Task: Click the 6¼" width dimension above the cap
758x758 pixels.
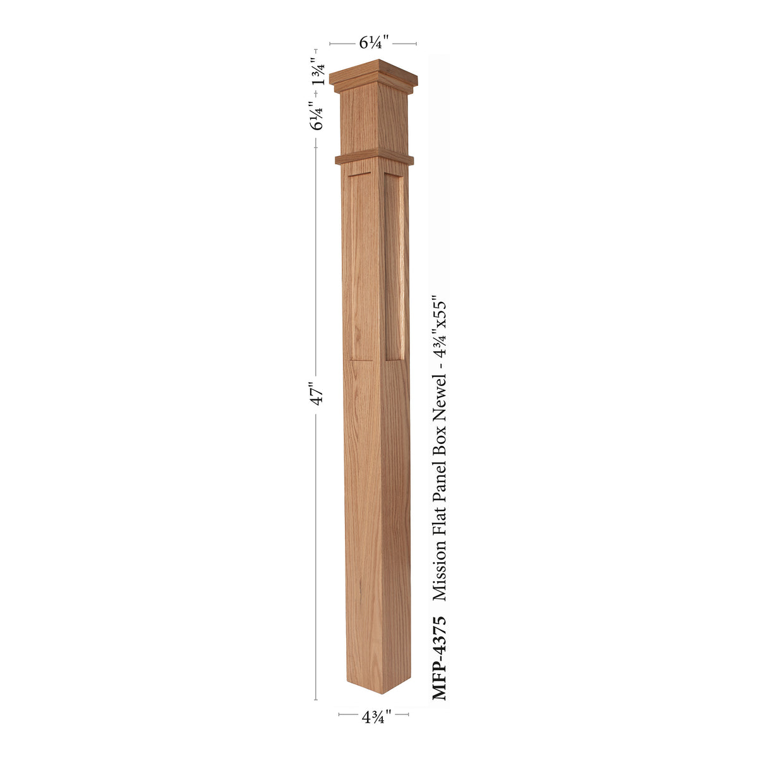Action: [373, 43]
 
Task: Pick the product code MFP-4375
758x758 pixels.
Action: [440, 657]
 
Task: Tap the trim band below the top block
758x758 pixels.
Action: [373, 158]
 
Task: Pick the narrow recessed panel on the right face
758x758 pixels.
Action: [394, 265]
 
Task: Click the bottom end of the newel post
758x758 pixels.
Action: [378, 685]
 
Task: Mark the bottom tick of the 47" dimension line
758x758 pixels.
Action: [316, 700]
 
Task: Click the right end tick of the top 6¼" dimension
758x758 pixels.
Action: [416, 44]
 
